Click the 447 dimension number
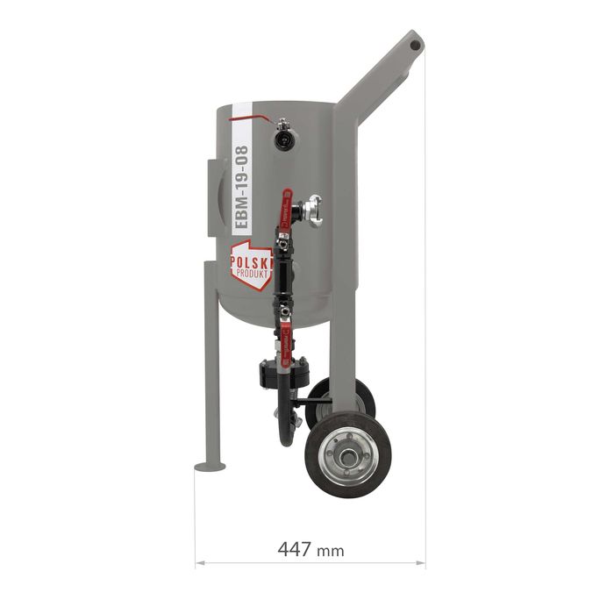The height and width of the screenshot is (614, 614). click(x=295, y=548)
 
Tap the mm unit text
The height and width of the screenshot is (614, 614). click(x=331, y=552)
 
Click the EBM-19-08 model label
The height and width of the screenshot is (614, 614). click(x=240, y=187)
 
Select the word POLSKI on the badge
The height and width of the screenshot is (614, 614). click(x=251, y=261)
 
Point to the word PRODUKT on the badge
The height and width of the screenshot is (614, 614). click(x=253, y=273)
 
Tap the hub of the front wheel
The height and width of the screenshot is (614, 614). click(x=347, y=457)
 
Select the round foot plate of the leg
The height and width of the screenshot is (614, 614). click(x=210, y=467)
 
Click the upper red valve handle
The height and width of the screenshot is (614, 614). click(x=286, y=209)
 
